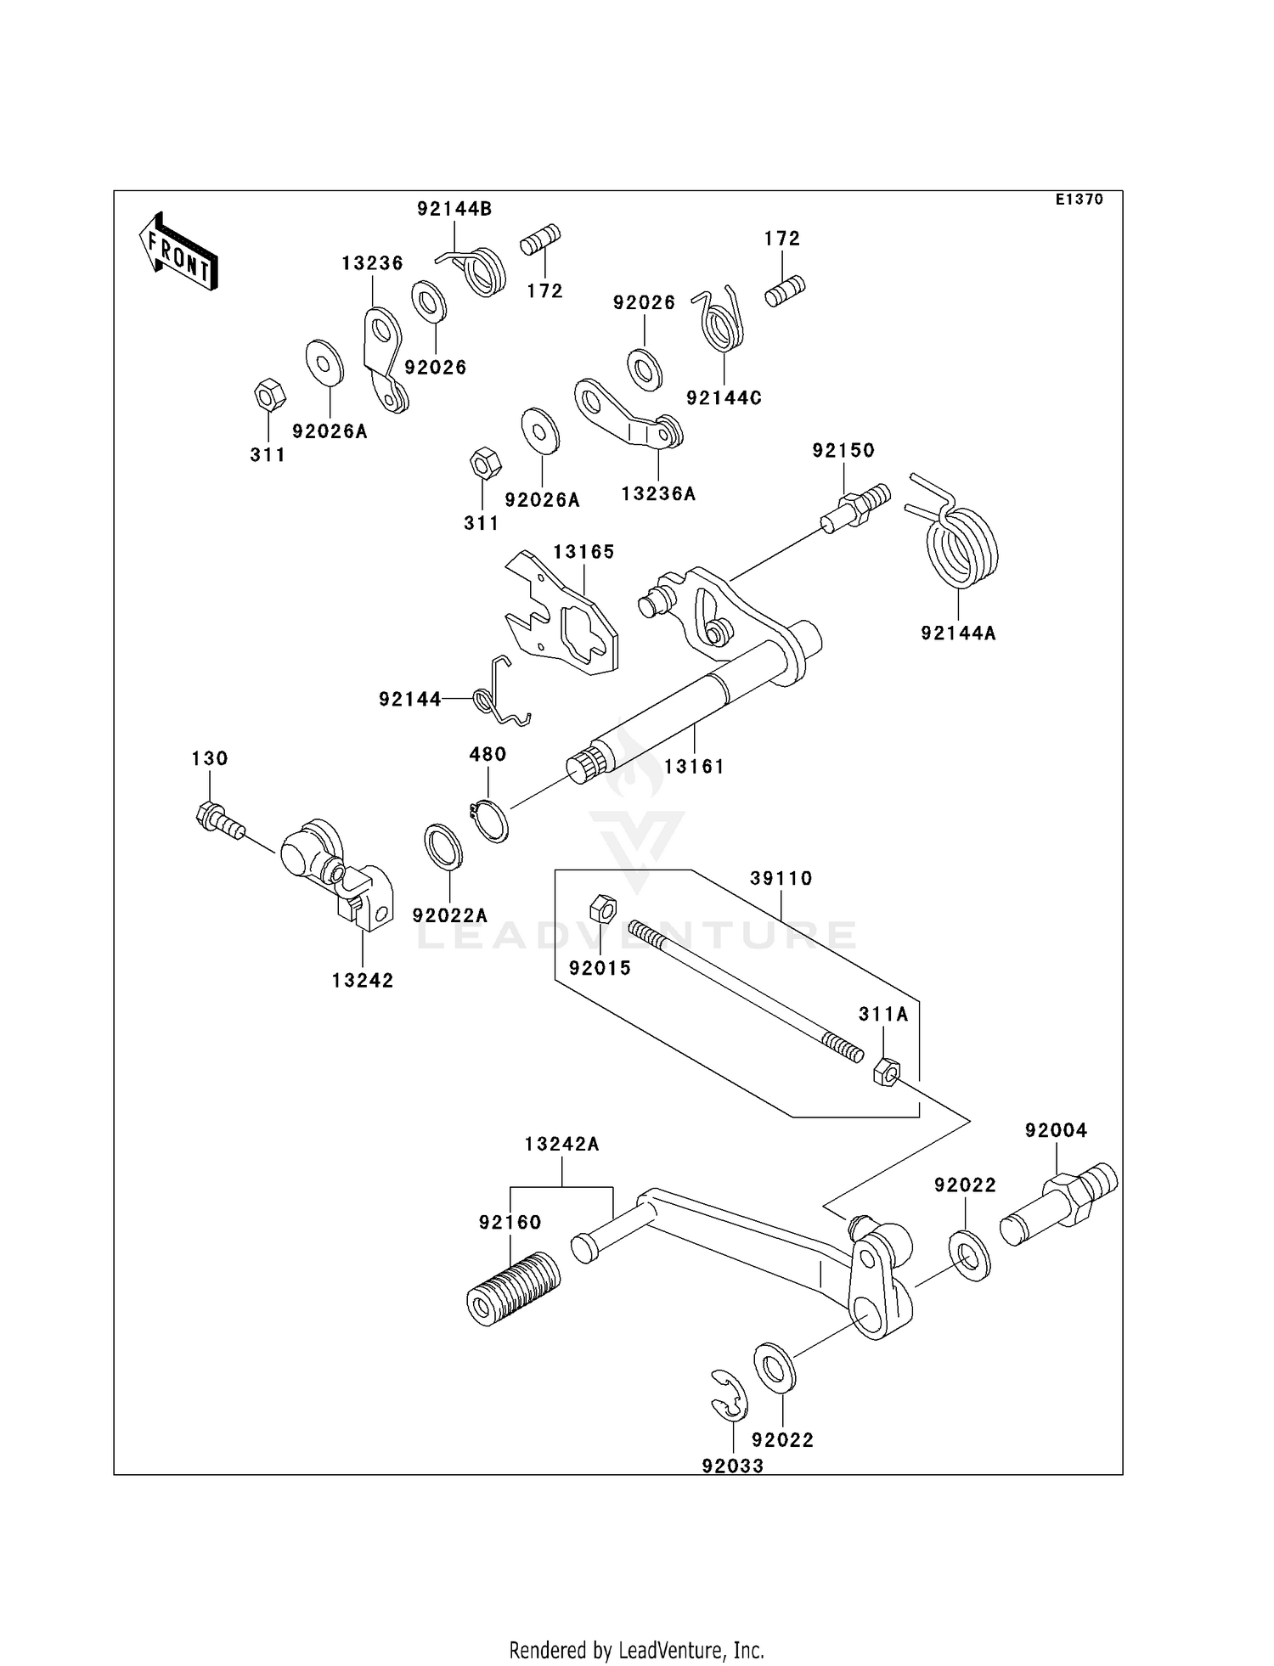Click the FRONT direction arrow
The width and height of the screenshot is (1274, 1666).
point(178,253)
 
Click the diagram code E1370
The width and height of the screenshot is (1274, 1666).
point(1079,200)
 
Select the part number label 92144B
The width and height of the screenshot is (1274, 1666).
point(454,209)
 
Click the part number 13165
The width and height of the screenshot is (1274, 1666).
point(583,552)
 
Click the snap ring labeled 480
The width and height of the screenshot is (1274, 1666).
point(490,819)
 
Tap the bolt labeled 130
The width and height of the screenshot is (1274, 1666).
point(218,820)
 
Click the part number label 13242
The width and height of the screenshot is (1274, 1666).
point(363,981)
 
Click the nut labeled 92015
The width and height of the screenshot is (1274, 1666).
point(602,908)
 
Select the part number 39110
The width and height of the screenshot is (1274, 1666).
point(781,879)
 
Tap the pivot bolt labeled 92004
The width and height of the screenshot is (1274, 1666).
point(1059,1203)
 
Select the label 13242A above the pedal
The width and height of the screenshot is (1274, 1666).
point(561,1145)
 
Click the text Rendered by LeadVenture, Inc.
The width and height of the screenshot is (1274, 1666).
point(636,1650)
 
